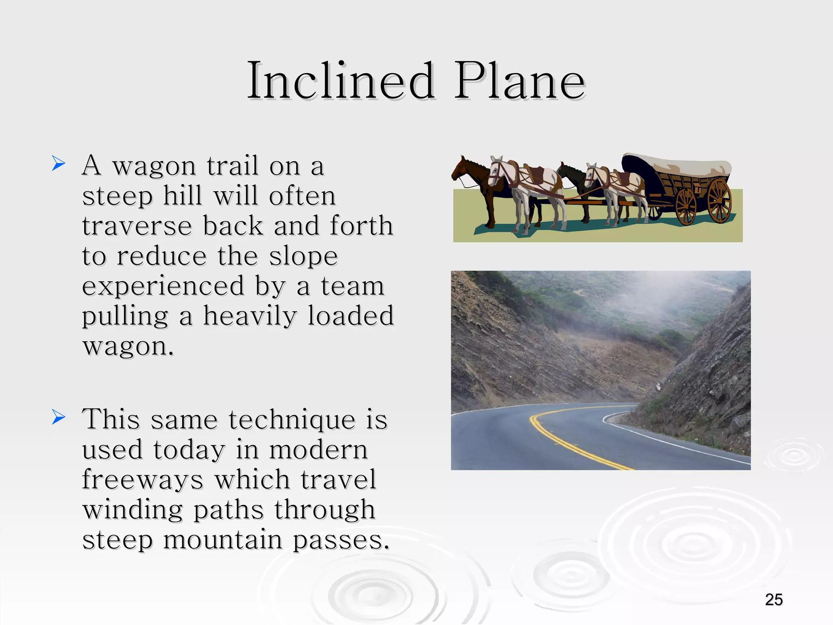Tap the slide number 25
click(x=774, y=600)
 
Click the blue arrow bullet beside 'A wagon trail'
click(x=59, y=164)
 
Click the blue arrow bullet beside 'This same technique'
click(x=59, y=417)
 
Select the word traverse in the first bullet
click(x=137, y=226)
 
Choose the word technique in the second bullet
click(x=292, y=420)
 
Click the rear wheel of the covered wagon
click(x=719, y=200)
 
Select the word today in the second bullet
click(x=189, y=450)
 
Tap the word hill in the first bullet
click(x=183, y=196)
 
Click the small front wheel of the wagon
click(x=686, y=207)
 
